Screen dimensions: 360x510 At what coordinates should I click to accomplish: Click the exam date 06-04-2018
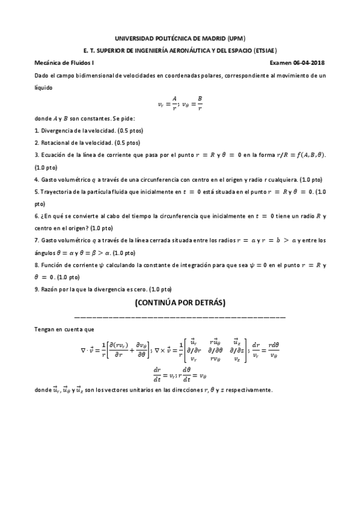(x=311, y=63)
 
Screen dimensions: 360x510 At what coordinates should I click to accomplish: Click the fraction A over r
(x=174, y=103)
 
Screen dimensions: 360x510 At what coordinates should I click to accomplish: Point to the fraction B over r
(x=200, y=103)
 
